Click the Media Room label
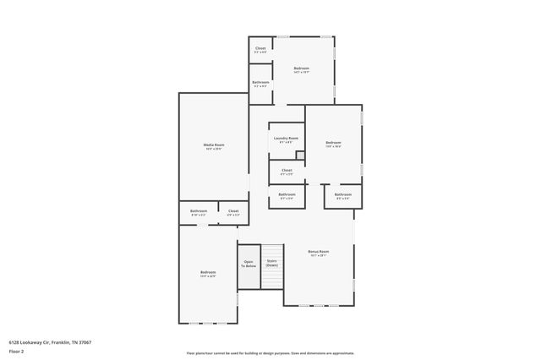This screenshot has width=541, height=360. (213, 145)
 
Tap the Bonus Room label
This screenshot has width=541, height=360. (318, 251)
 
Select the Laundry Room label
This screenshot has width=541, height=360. (286, 138)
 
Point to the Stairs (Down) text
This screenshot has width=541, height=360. (271, 263)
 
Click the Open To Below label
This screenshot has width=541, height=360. (249, 263)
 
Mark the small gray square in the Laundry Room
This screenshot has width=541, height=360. (299, 155)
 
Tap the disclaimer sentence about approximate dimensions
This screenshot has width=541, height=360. (270, 352)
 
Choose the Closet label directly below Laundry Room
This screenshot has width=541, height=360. (287, 170)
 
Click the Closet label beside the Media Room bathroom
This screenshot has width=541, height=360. (233, 210)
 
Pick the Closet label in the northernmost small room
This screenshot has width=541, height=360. (260, 48)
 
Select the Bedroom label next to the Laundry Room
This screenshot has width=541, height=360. (333, 142)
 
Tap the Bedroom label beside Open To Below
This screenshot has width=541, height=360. (208, 272)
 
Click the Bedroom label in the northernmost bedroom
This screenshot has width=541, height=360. (302, 68)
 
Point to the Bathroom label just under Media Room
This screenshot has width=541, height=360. (199, 210)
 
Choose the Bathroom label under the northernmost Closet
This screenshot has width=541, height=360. (260, 82)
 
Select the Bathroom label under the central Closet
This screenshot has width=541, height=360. (287, 194)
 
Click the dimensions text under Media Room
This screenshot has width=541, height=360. (213, 149)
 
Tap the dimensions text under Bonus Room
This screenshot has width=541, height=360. (318, 255)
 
